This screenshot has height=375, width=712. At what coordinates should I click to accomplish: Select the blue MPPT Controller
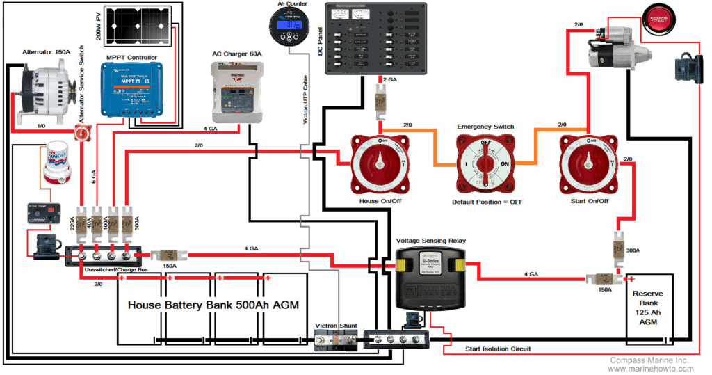[x=133, y=88]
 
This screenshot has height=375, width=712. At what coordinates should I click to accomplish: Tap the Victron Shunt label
[x=338, y=325]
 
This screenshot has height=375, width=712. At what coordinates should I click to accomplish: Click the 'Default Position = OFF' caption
[x=487, y=202]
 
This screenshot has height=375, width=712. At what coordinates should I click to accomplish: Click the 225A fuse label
[x=73, y=222]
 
